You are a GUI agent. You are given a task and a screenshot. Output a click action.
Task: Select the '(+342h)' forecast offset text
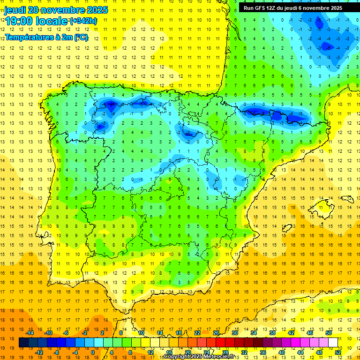click(83, 21)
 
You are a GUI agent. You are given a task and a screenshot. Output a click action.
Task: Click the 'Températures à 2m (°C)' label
click(46, 37)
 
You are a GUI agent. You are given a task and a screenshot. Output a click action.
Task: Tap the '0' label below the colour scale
click(92, 352)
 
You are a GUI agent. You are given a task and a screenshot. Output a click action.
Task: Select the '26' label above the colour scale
click(216, 333)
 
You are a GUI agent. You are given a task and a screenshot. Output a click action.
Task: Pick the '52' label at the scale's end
click(338, 352)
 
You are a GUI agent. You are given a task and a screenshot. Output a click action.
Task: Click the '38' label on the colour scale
click(272, 333)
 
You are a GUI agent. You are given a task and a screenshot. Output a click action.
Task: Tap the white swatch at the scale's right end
click(333, 343)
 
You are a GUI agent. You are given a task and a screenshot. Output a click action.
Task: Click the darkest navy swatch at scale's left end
click(23, 343)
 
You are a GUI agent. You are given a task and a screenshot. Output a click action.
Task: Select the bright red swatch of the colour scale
click(221, 343)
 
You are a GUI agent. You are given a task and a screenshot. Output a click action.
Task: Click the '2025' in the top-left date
click(94, 10)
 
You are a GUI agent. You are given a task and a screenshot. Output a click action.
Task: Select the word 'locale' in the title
click(52, 21)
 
